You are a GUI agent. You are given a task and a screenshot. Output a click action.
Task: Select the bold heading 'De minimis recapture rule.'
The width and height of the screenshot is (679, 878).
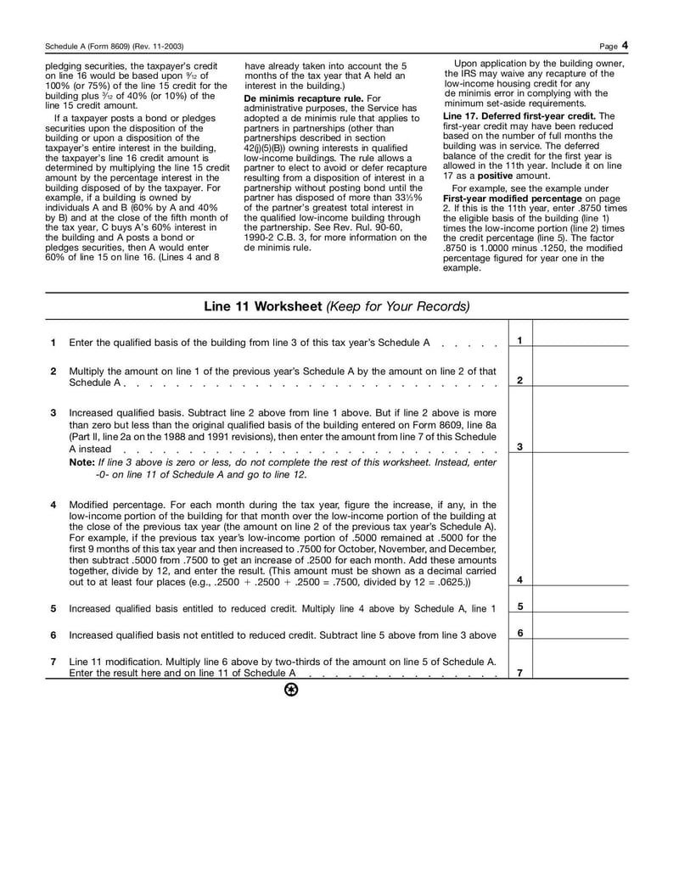292,98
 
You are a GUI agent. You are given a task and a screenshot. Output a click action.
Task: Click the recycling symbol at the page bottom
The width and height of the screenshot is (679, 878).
291,689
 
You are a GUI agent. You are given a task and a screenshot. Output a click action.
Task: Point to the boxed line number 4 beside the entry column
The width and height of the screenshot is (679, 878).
519,580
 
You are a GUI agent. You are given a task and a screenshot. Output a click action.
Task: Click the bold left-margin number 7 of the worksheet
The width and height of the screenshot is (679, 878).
53,661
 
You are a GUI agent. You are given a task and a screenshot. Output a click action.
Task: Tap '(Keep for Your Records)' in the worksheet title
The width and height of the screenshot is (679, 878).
397,305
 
